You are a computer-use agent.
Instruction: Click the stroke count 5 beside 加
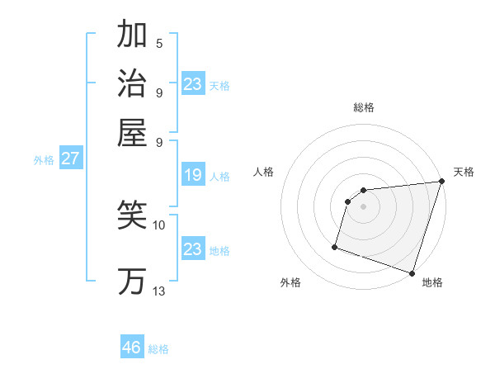pos(159,43)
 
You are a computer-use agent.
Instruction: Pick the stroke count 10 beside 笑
pos(159,225)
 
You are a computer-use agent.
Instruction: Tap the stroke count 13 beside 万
pos(159,291)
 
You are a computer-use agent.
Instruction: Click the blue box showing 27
pos(70,159)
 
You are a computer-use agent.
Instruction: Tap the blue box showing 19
pos(193,175)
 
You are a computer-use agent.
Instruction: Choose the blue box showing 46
pos(132,348)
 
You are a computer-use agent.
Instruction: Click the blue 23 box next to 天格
pos(193,83)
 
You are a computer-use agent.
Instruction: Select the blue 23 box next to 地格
pos(193,249)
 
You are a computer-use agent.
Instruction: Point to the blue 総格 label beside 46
pos(158,349)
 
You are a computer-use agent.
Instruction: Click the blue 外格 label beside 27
pos(44,160)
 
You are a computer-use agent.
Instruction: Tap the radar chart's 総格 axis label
pos(363,107)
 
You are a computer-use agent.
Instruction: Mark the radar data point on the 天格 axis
pos(440,182)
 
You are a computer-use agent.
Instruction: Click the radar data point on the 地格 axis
pos(411,272)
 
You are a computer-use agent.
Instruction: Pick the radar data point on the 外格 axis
pos(335,247)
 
